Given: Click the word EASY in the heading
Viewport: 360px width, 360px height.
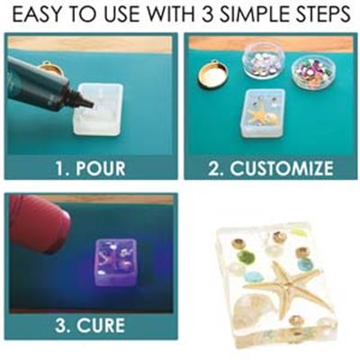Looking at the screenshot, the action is pyautogui.click(x=37, y=13).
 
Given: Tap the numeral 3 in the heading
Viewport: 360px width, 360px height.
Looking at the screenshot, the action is pyautogui.click(x=209, y=13).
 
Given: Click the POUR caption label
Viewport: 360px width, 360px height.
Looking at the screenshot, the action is pyautogui.click(x=91, y=168).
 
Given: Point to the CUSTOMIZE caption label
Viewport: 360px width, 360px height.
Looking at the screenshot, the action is pyautogui.click(x=271, y=168).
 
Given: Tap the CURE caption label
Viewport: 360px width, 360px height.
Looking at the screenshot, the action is pyautogui.click(x=90, y=325).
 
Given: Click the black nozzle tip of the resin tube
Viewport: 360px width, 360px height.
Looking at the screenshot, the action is pyautogui.click(x=87, y=103).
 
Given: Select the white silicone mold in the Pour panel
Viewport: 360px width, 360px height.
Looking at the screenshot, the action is pyautogui.click(x=98, y=110).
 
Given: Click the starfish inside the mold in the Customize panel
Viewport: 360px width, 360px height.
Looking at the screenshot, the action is pyautogui.click(x=257, y=114).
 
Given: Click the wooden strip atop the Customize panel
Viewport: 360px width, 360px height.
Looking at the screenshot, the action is pyautogui.click(x=271, y=42).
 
